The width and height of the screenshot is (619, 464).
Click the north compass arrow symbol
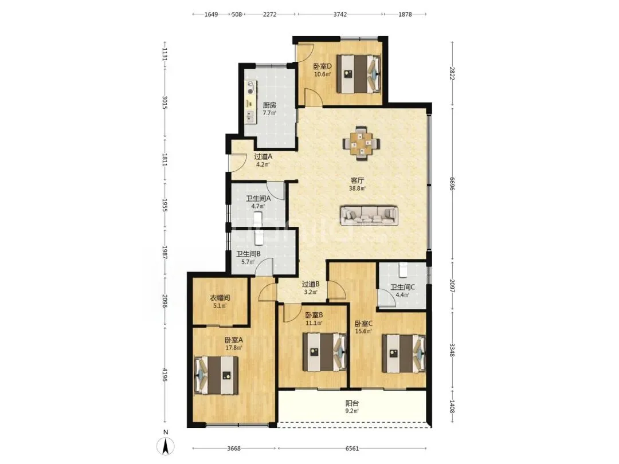click(x=166, y=446)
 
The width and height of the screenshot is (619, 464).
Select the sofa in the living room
click(x=369, y=215)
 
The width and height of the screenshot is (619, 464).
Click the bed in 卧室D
click(x=358, y=74)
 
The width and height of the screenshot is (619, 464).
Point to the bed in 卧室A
click(x=216, y=375)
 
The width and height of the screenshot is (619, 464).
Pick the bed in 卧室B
click(x=324, y=352)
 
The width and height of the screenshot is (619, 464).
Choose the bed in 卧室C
click(x=404, y=354)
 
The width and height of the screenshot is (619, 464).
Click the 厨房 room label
click(x=269, y=105)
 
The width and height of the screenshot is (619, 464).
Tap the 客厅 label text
click(x=357, y=180)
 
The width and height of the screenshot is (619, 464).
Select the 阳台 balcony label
click(x=352, y=404)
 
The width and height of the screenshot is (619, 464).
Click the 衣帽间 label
click(x=220, y=298)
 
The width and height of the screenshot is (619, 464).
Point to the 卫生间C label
click(x=403, y=287)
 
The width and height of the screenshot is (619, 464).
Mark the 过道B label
click(x=311, y=284)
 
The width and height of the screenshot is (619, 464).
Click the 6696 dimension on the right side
click(x=452, y=183)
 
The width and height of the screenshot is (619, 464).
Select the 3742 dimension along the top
click(x=340, y=14)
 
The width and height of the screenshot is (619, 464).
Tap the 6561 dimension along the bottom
click(x=352, y=448)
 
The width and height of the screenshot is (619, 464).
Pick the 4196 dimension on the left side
click(x=165, y=375)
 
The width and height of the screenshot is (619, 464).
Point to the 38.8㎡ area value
click(x=357, y=188)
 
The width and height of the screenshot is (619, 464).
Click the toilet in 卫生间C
click(x=403, y=269)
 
